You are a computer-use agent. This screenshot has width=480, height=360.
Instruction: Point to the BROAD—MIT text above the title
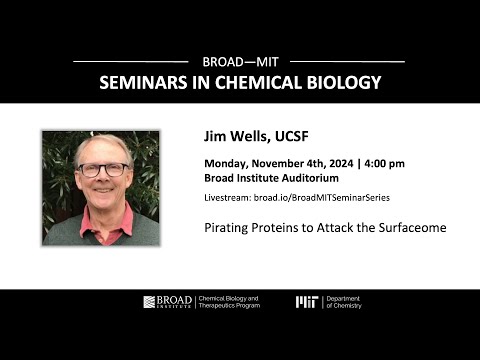[x=240, y=62]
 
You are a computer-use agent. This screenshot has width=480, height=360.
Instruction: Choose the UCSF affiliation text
[x=292, y=136]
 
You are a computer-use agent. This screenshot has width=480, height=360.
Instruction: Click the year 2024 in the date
[x=341, y=163]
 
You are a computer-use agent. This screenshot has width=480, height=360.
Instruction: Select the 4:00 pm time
[x=384, y=164]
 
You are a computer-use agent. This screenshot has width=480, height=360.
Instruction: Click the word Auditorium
[x=310, y=178]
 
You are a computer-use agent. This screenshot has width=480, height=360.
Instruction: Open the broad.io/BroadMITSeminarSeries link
[x=322, y=198]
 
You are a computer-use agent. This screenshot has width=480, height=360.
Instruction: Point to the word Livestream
[x=228, y=198]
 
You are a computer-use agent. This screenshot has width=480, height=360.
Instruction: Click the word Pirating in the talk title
[x=226, y=228]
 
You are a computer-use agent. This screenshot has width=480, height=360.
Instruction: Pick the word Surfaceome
[x=412, y=228]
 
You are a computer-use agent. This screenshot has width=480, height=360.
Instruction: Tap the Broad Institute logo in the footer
[x=168, y=302]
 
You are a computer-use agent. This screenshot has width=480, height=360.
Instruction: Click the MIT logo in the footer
[x=307, y=302]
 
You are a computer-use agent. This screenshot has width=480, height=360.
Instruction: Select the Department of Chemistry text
[x=344, y=302]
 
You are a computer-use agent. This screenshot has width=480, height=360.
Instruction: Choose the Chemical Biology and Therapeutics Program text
[x=229, y=302]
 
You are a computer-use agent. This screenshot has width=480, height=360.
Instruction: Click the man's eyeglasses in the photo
[x=103, y=170]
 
